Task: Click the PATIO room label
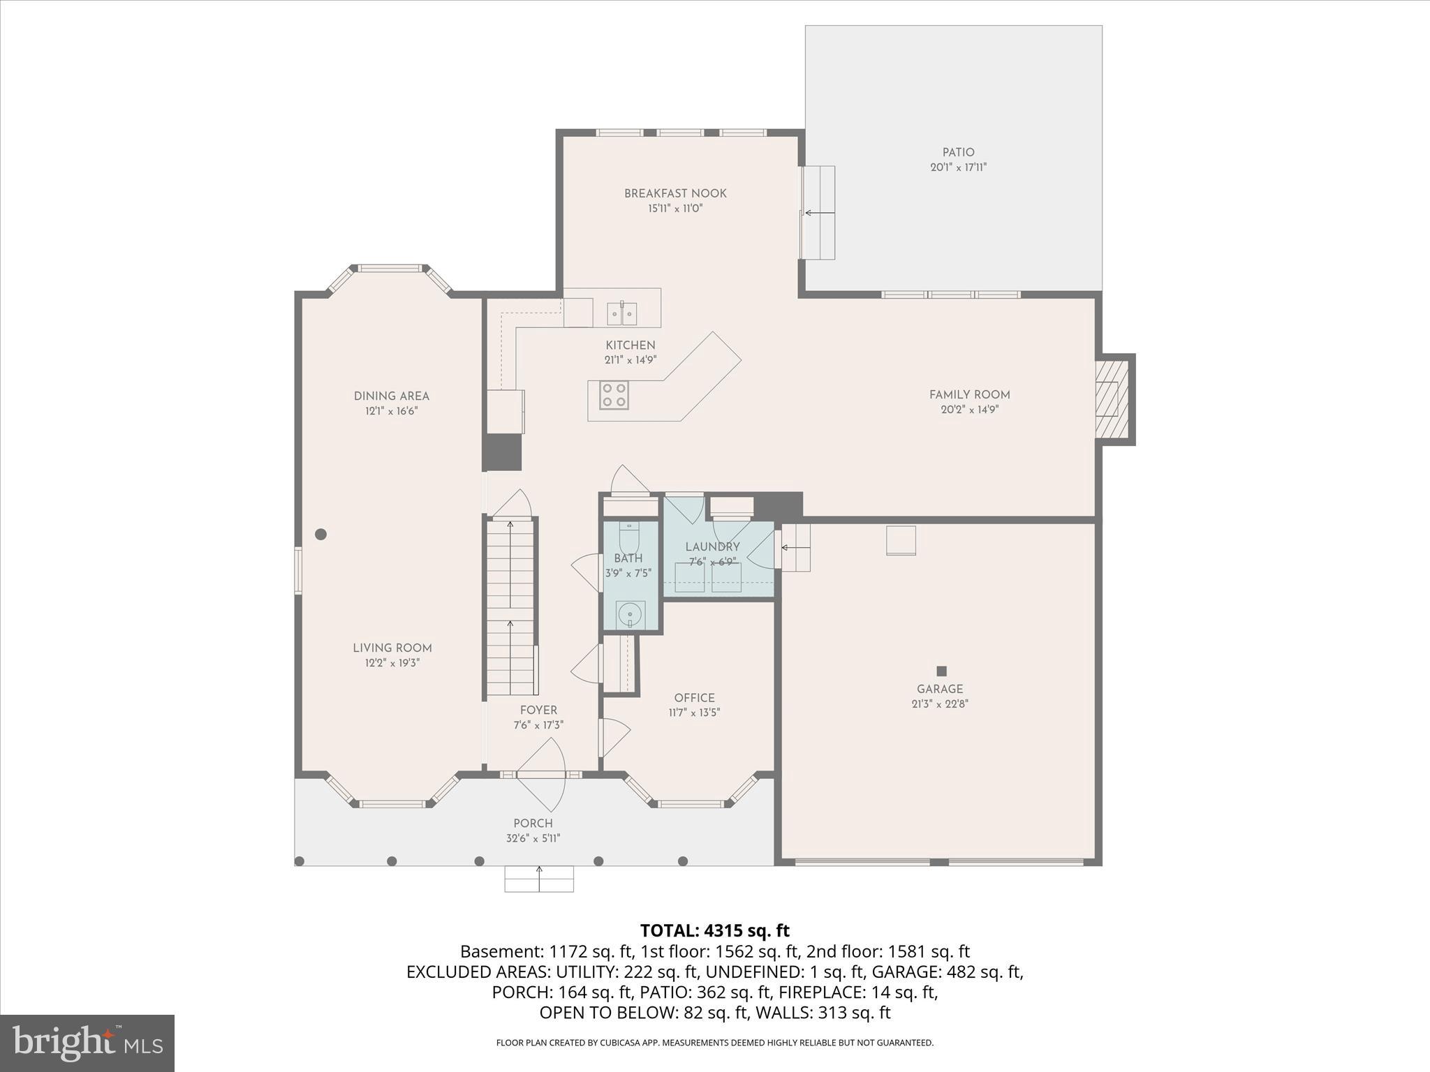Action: point(958,152)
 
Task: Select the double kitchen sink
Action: point(621,313)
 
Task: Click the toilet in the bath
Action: point(629,537)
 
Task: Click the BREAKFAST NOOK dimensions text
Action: point(675,209)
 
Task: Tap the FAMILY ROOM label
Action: point(969,394)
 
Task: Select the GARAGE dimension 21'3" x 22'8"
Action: point(940,704)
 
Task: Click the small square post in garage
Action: point(941,671)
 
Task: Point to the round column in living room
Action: point(320,535)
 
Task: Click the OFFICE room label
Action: point(694,698)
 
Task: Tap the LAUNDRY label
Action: point(712,547)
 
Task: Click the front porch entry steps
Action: point(539,879)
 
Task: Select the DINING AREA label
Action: point(391,396)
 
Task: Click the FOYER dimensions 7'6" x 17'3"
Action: point(538,725)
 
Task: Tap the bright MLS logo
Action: point(87,1043)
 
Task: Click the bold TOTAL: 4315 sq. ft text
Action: point(714,930)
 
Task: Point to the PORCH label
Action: point(533,824)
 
